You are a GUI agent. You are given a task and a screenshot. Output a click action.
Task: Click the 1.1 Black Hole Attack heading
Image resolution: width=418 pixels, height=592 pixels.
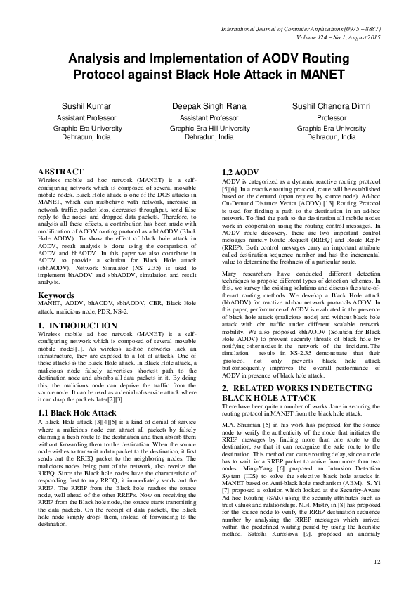click(77, 392)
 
